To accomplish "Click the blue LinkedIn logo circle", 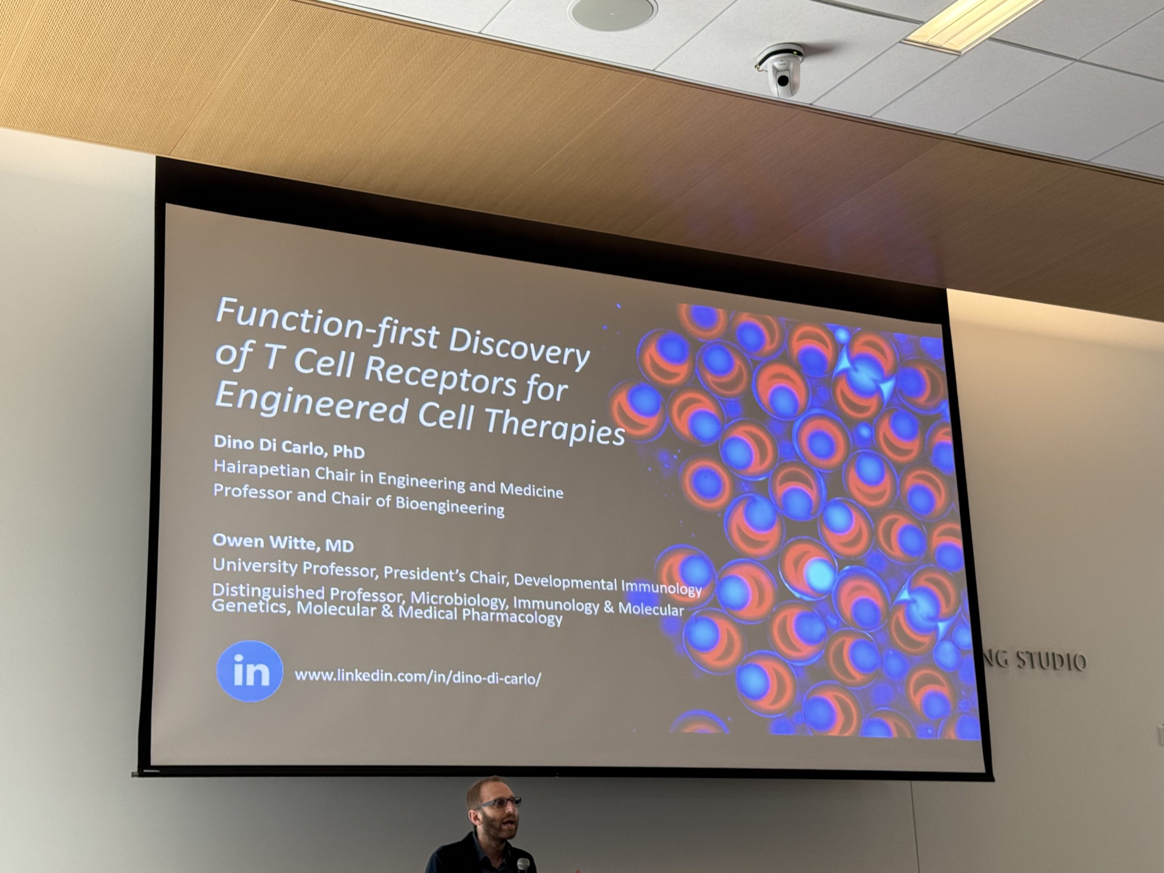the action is pos(250,671).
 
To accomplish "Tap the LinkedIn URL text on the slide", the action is pos(418,677).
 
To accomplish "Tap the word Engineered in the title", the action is pos(311,404).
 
